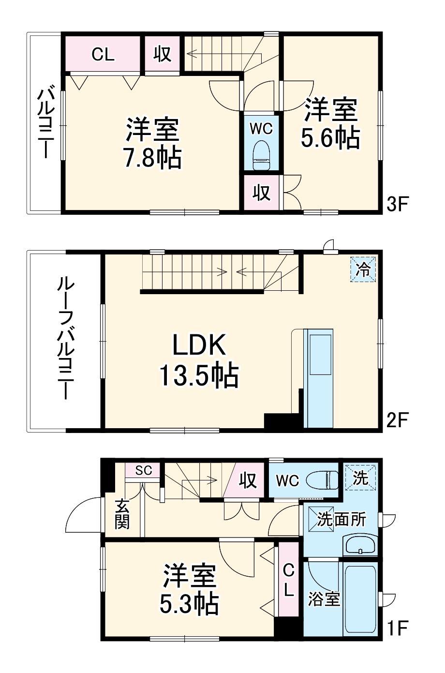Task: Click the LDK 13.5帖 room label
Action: [198, 360]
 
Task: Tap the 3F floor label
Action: [398, 205]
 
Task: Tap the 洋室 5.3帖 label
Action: [190, 589]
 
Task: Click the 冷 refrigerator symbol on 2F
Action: [363, 269]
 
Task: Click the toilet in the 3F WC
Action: [261, 155]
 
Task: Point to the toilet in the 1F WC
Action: [327, 480]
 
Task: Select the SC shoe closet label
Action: [143, 470]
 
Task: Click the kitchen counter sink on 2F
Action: [319, 353]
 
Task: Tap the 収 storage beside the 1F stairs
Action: [248, 480]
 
